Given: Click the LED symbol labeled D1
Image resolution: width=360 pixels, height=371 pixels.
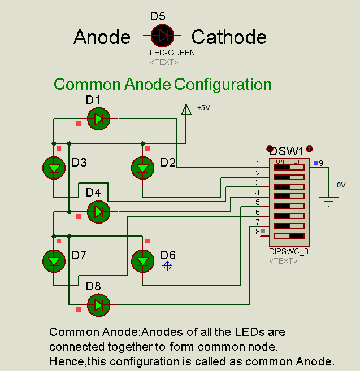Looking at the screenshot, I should (x=99, y=119).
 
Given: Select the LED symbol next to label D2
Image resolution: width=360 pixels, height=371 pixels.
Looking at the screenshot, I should (x=142, y=168).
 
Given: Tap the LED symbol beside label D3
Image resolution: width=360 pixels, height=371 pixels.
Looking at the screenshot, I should (x=54, y=168).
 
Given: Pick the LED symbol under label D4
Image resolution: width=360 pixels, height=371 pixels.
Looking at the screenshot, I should (x=99, y=212).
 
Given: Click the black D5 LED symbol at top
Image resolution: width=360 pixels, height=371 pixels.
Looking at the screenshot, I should (x=163, y=36).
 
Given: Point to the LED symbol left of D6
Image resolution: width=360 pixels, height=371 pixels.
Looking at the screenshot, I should (x=142, y=260).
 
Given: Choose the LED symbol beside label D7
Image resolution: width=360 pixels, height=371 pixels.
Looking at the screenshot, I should (x=54, y=260).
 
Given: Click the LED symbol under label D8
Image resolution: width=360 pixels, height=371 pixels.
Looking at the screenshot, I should (x=99, y=305).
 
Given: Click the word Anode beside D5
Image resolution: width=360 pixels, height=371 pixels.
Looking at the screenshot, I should (x=102, y=37).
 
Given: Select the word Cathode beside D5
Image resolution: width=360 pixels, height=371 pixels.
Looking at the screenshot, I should (x=229, y=37).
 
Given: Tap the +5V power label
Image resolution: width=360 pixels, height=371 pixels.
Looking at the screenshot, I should (x=203, y=107).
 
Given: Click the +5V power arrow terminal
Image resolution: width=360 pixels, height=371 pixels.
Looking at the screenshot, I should (x=185, y=110).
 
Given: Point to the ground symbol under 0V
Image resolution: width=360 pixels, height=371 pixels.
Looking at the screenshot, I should (x=328, y=200).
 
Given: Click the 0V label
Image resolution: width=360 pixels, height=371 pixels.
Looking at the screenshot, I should (x=341, y=185).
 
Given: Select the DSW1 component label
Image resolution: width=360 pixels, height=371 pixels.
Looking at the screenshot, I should (x=287, y=151).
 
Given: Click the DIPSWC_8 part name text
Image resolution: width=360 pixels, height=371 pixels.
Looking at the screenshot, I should (x=289, y=251).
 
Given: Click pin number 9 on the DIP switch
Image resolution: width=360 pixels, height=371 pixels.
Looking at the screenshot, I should (x=320, y=164).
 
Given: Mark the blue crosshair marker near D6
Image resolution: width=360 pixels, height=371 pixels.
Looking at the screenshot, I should (x=167, y=265).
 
